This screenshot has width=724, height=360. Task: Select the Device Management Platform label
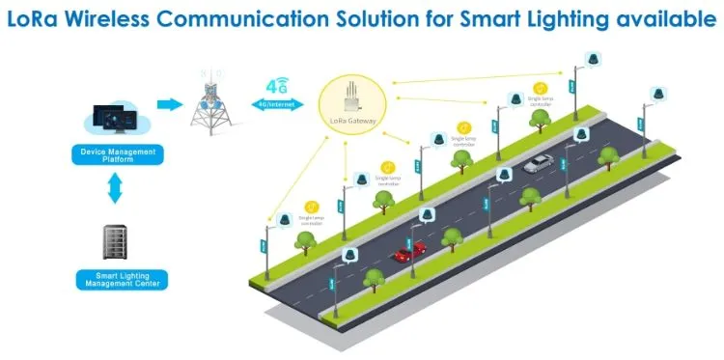pyautogui.click(x=116, y=154)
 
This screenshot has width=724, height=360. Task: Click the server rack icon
pyautogui.click(x=115, y=243)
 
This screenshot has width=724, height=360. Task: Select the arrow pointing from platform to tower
pyautogui.click(x=168, y=102)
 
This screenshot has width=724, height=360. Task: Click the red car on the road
pyautogui.click(x=409, y=253)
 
